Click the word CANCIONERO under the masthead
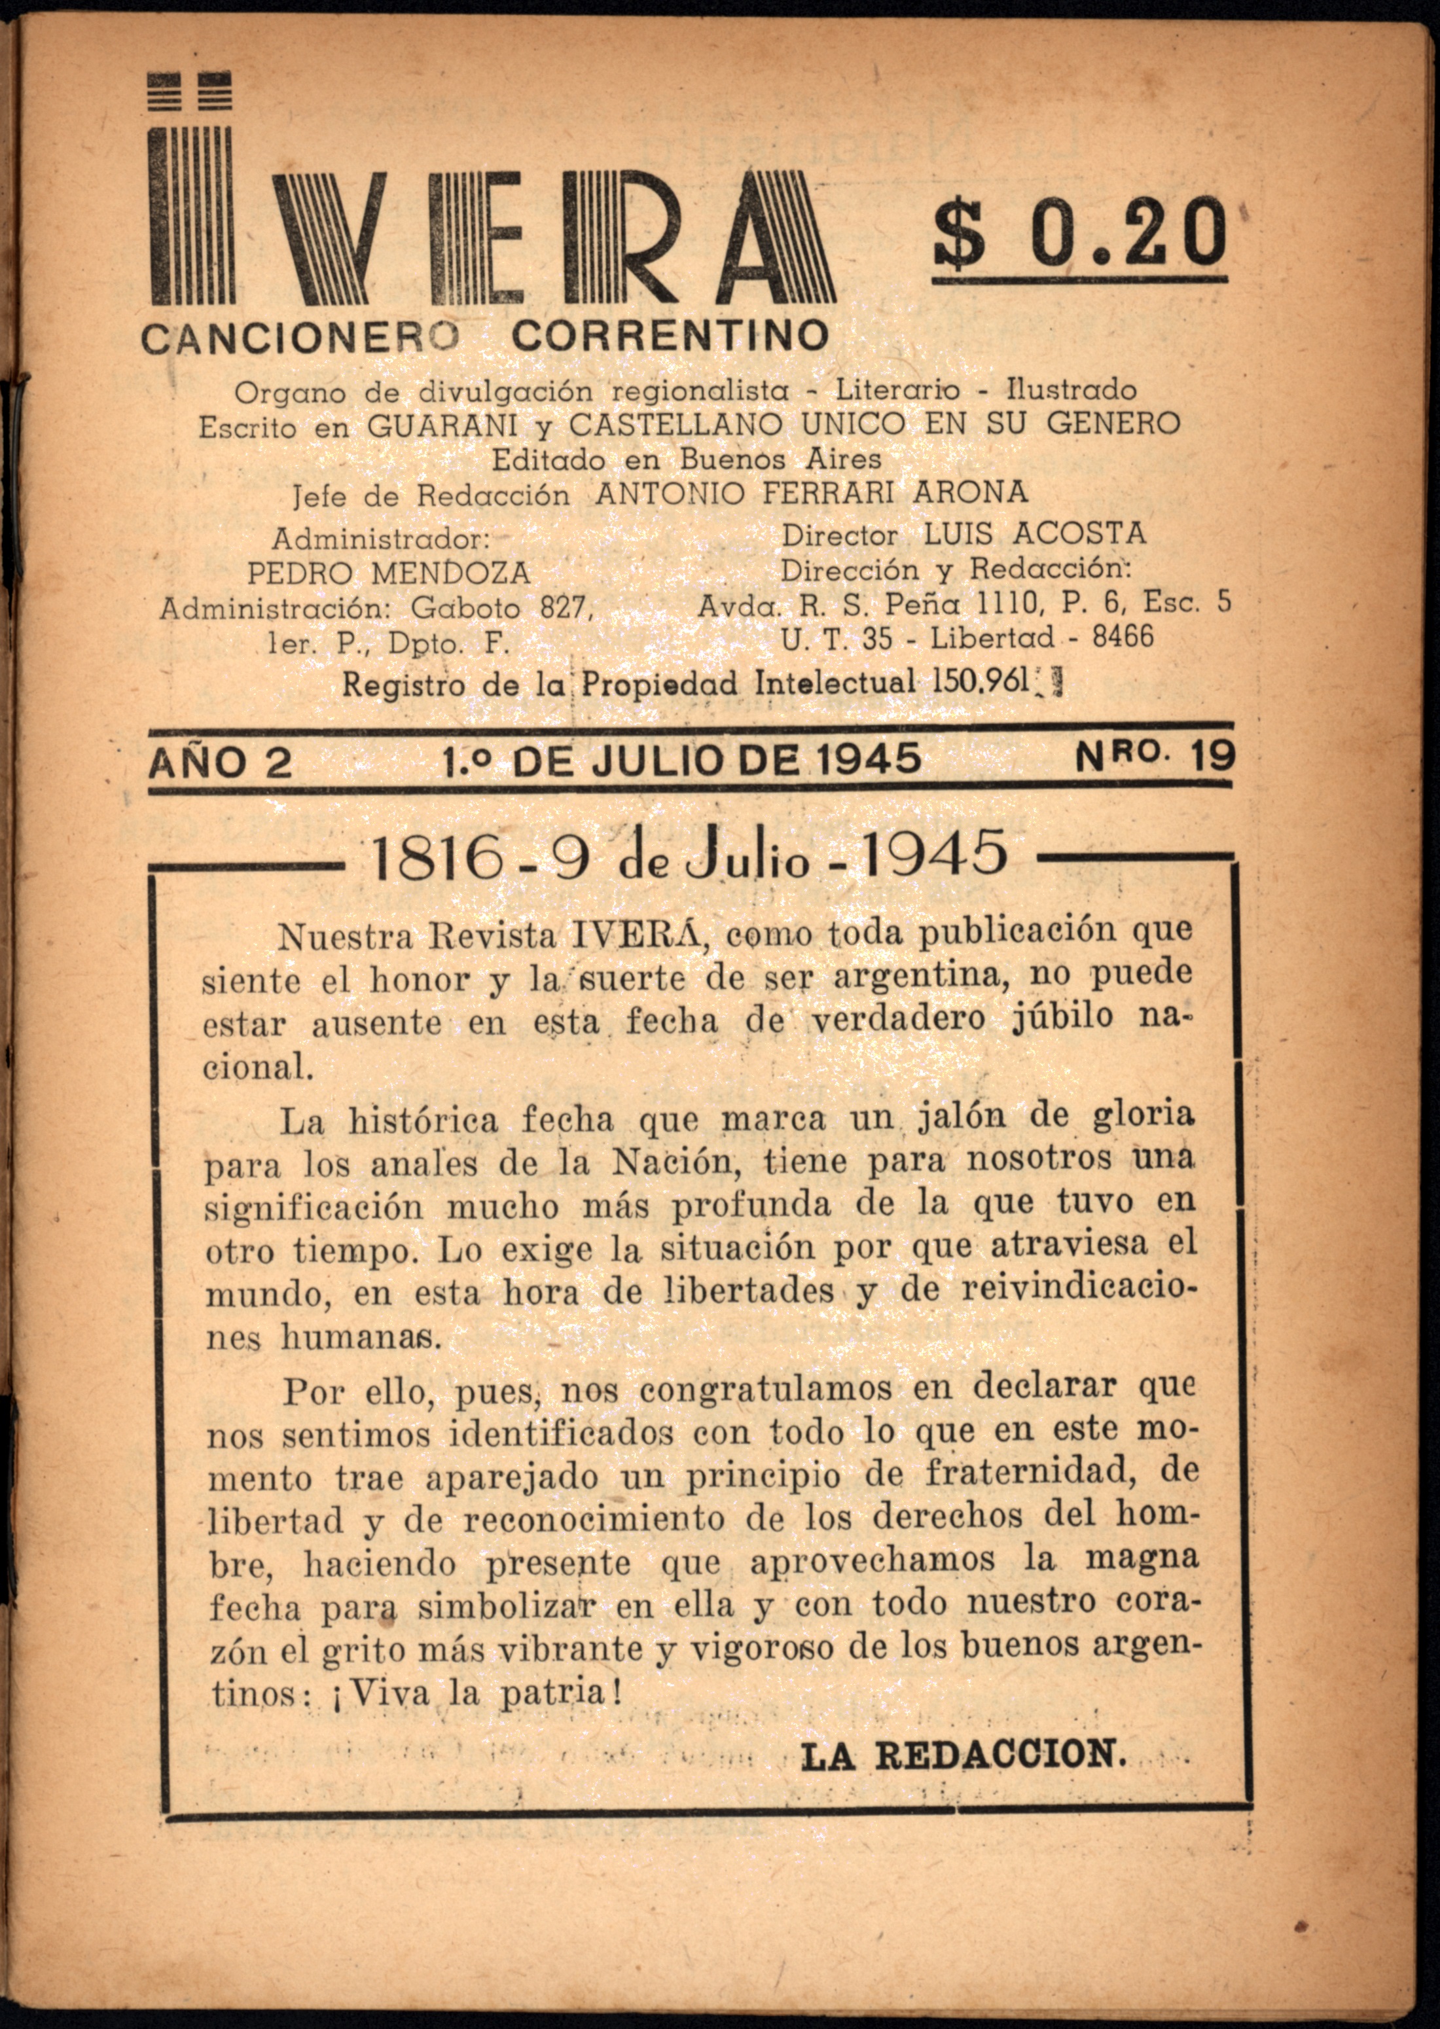click(300, 338)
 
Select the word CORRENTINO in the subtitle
click(670, 335)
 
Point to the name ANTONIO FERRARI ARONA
click(812, 492)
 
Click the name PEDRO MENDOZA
click(388, 573)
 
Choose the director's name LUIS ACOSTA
click(1035, 533)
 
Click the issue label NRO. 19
click(1155, 758)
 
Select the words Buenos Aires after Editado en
click(780, 459)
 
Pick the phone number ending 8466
click(1123, 636)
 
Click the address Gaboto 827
click(499, 608)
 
